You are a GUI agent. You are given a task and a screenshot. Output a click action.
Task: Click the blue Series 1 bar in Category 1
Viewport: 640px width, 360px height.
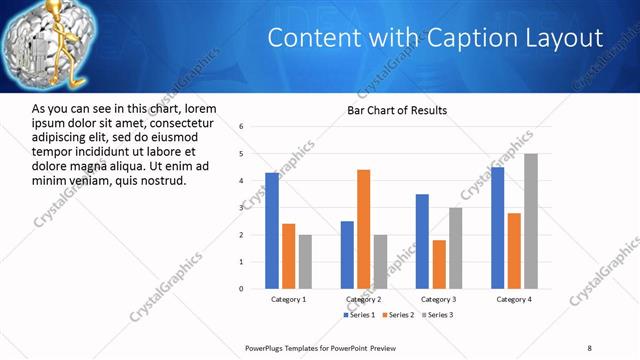click(x=272, y=231)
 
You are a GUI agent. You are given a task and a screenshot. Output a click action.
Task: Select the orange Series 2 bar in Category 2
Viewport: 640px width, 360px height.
click(x=363, y=229)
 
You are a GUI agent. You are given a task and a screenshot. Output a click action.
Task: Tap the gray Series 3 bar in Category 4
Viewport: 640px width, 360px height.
click(x=530, y=221)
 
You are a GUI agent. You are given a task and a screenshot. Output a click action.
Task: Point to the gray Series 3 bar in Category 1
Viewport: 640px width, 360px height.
click(x=304, y=262)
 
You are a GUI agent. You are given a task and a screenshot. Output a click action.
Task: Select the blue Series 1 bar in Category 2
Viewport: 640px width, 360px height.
click(x=347, y=255)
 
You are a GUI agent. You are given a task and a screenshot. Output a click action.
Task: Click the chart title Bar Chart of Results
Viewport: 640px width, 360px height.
click(x=397, y=110)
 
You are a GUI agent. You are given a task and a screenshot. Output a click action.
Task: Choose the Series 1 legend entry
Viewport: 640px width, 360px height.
click(x=360, y=315)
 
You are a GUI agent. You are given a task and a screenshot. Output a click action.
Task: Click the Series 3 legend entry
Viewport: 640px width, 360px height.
click(x=437, y=315)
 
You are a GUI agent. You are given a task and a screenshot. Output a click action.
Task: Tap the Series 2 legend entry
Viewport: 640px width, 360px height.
click(x=398, y=315)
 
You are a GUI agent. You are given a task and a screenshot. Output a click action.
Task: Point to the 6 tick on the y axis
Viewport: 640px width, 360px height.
click(x=242, y=127)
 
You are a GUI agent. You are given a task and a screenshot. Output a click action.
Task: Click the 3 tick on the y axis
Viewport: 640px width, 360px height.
click(x=242, y=208)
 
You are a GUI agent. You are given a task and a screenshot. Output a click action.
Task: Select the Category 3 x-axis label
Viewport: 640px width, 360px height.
click(x=438, y=299)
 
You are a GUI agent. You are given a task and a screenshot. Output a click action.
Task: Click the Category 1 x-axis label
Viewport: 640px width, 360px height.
click(x=288, y=299)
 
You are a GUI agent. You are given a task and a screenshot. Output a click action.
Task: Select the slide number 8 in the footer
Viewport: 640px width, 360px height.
click(x=589, y=348)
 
